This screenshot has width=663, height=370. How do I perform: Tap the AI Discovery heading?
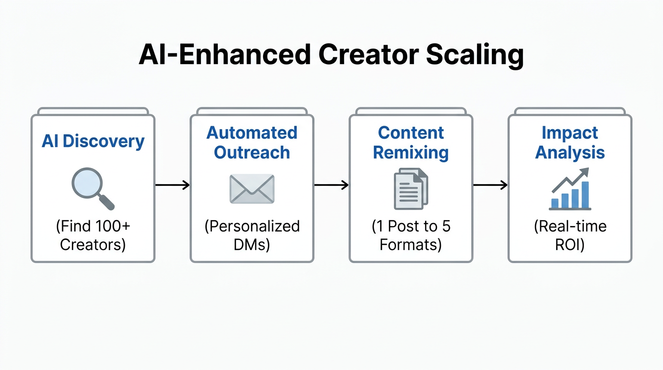click(93, 141)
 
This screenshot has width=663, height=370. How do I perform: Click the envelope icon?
click(252, 188)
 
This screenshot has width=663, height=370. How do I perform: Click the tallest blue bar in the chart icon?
click(585, 195)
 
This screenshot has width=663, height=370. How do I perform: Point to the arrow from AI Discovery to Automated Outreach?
click(172, 185)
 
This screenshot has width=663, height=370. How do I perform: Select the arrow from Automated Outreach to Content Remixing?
click(331, 185)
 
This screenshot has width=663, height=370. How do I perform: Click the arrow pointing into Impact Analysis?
click(490, 185)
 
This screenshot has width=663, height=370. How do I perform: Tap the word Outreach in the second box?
click(252, 153)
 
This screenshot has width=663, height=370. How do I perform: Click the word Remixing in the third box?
click(411, 153)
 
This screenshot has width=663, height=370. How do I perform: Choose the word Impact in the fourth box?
click(570, 133)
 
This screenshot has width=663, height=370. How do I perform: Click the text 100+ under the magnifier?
click(114, 226)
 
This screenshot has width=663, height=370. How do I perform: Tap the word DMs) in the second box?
click(252, 245)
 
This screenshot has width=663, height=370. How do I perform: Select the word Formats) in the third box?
click(411, 245)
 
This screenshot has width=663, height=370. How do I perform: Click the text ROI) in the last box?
click(570, 245)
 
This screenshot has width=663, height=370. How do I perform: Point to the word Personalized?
click(252, 226)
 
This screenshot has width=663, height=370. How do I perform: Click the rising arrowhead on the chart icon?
click(584, 171)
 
